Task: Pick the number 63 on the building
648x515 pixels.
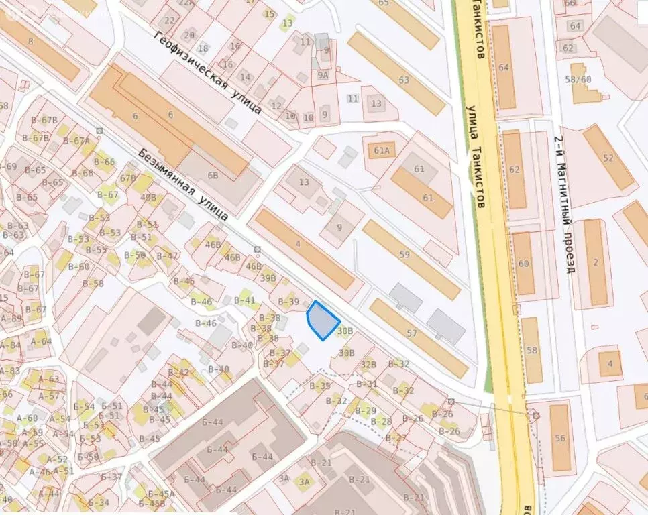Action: click(403, 80)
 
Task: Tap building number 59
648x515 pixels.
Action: click(404, 255)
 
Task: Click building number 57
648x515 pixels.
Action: click(412, 333)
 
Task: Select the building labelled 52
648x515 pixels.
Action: click(608, 158)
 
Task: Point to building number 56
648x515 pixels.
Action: click(560, 439)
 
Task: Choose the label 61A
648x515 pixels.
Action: click(378, 150)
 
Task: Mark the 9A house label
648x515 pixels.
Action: click(323, 76)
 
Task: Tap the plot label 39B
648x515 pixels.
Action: click(268, 278)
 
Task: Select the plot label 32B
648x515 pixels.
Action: click(368, 365)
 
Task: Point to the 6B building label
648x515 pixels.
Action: click(213, 176)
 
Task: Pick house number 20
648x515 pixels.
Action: click(189, 35)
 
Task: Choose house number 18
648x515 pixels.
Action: click(203, 48)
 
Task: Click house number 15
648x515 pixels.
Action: click(269, 13)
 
